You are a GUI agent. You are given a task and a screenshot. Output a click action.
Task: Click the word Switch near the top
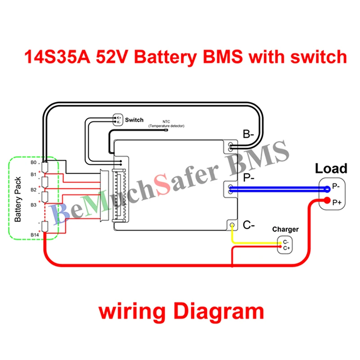134,120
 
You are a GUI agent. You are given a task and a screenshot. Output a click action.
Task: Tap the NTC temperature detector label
166,125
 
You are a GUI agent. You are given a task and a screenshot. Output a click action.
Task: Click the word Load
331,169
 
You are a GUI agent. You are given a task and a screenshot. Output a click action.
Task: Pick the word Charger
285,230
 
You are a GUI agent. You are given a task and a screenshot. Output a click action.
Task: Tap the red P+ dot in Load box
327,201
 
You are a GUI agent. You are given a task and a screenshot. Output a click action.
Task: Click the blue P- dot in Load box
327,189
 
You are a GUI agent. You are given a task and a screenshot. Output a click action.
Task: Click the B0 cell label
33,162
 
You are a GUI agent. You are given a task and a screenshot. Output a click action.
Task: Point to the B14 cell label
34,234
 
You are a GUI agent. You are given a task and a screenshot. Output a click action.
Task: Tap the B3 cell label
33,205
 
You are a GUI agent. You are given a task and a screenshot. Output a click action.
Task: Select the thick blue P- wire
279,189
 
